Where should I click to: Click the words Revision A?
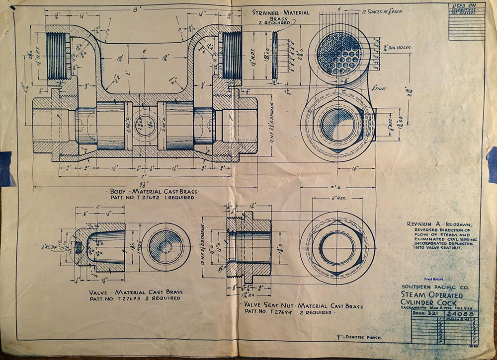422,224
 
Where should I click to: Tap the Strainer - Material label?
281,12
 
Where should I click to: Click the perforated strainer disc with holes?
339,54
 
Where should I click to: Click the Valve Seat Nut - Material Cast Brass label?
303,306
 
